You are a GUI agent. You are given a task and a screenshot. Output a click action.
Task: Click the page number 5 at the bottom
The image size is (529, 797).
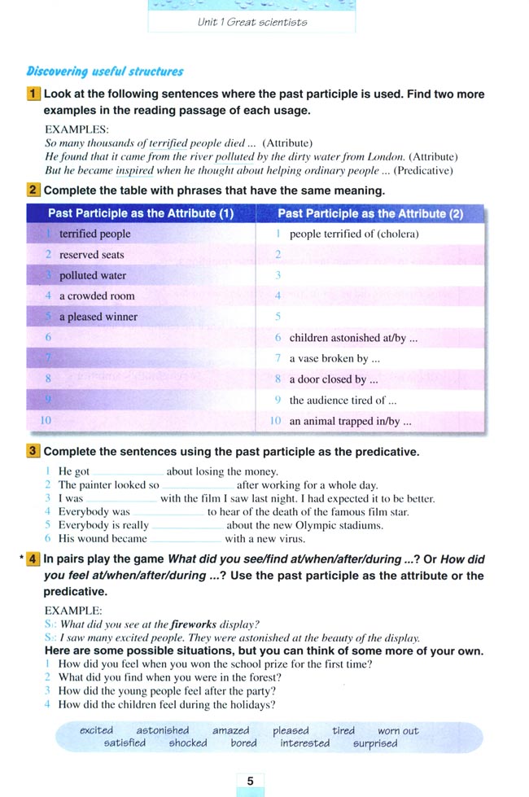click(250, 781)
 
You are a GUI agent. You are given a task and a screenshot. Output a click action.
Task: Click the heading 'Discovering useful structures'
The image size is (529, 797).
click(105, 72)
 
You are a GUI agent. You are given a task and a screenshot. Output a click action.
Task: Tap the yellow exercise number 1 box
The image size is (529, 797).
click(33, 94)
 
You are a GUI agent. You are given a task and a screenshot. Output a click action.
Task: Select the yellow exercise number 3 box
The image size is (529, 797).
click(33, 450)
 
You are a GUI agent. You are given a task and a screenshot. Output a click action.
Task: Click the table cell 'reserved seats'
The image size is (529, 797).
click(91, 255)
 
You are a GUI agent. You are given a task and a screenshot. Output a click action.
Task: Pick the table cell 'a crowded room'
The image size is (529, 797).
click(97, 296)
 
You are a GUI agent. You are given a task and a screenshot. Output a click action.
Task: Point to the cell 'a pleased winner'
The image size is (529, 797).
click(98, 317)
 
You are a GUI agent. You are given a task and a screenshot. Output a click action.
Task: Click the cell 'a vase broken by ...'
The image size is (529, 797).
click(334, 358)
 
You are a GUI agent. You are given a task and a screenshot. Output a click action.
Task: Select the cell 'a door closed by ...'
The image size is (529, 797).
click(334, 379)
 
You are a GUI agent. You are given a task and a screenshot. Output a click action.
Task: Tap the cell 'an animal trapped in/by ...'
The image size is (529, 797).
click(350, 422)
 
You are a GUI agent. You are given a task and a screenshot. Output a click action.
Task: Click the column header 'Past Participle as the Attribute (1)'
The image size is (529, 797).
click(141, 213)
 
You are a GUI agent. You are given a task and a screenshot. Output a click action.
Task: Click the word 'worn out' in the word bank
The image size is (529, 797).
click(398, 730)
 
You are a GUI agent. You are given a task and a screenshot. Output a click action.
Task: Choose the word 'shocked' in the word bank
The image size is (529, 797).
click(188, 743)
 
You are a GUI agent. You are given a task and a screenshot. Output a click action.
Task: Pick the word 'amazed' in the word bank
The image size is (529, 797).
click(231, 730)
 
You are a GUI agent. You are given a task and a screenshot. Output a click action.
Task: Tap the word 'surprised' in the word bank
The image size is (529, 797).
click(375, 743)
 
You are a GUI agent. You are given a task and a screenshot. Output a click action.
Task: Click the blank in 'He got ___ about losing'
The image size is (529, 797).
click(128, 472)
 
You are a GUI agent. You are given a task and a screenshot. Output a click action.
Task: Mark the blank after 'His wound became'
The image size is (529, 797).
click(186, 539)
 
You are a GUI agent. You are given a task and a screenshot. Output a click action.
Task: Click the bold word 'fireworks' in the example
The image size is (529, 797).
click(193, 624)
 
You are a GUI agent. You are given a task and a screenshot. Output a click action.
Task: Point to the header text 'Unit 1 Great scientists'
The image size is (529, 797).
click(252, 22)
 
